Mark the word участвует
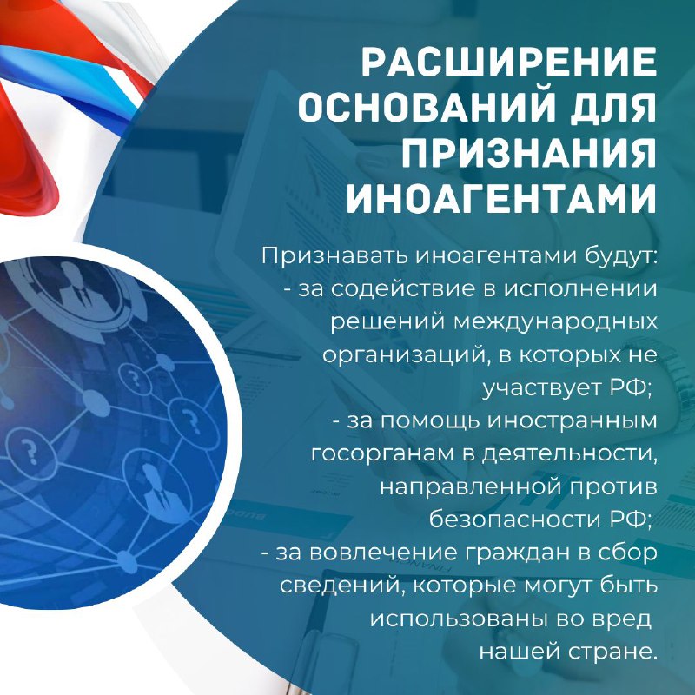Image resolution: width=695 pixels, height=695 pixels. pos(542,388)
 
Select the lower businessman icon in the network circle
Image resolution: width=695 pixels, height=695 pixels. pos(157,486)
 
